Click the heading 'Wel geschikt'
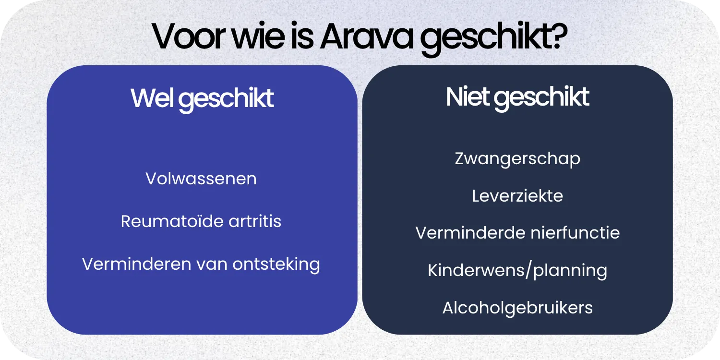tap(202, 98)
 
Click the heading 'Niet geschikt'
tap(517, 97)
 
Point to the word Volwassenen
tap(201, 179)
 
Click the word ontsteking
tap(276, 264)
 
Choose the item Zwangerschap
tap(517, 159)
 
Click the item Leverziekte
tap(517, 196)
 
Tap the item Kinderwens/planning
tap(517, 271)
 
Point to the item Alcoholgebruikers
tap(517, 308)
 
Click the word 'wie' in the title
tap(257, 36)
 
